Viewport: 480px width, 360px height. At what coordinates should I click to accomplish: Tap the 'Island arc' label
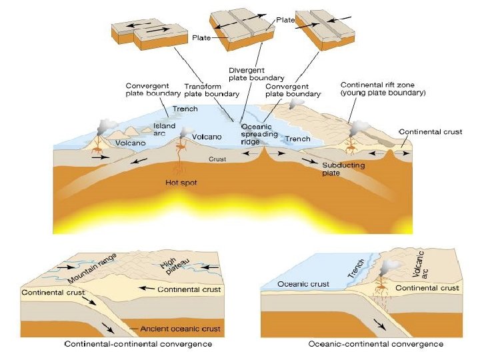(165, 129)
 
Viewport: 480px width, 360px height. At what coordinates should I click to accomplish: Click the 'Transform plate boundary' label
(207, 90)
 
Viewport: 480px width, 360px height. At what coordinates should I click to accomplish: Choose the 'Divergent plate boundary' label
(252, 73)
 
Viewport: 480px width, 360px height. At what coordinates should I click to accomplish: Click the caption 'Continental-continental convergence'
(138, 344)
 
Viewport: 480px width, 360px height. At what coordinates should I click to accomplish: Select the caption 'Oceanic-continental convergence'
(376, 344)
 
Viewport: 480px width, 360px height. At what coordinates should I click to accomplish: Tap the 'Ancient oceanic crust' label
(181, 329)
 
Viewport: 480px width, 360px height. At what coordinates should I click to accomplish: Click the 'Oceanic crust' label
(303, 285)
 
